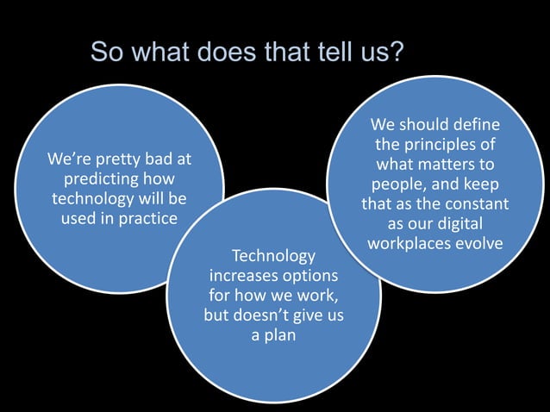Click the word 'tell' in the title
tap(322, 53)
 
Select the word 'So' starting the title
tap(106, 53)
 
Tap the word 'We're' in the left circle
tap(68, 159)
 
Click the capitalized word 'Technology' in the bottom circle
tap(273, 257)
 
